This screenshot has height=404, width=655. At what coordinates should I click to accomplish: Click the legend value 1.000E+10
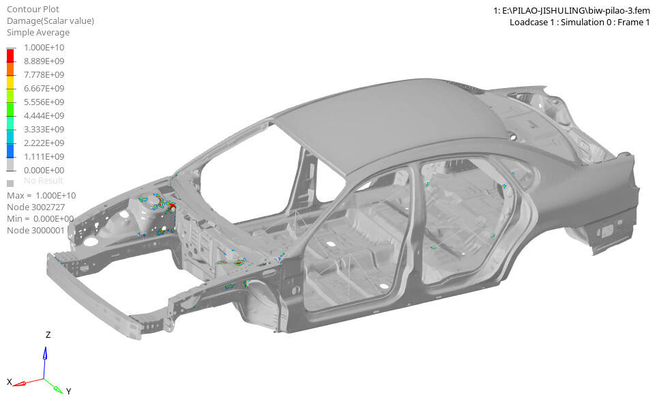44,47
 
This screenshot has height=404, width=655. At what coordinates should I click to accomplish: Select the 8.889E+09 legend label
44,61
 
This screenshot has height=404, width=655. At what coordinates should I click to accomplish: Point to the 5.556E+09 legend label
44,102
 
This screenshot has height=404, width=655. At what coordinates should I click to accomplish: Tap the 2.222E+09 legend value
44,143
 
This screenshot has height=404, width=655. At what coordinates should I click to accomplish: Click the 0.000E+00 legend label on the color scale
44,170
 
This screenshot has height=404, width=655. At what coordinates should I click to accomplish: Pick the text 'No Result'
44,181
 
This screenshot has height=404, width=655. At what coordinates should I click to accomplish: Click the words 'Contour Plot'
33,9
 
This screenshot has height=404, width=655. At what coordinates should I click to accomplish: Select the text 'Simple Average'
38,32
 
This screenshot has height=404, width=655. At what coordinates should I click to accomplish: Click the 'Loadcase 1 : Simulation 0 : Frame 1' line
579,22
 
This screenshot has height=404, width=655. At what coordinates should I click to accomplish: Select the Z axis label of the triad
48,335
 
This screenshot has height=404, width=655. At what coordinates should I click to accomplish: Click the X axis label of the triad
10,381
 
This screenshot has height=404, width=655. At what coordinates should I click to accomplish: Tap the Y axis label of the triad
69,391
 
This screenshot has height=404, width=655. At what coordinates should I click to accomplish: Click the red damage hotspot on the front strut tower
173,205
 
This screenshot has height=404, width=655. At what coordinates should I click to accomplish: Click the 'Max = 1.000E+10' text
42,195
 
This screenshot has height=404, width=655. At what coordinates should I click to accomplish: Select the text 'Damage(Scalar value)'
50,20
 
